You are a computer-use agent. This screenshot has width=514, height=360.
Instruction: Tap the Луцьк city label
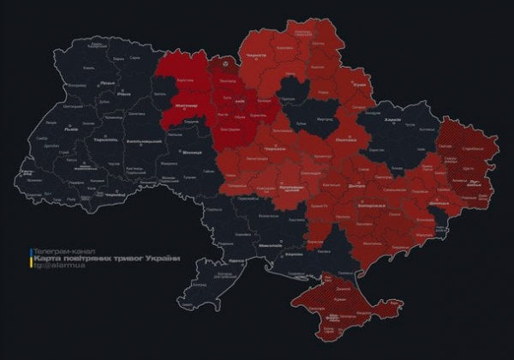(x=108, y=82)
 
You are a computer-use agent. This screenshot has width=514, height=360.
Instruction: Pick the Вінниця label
(x=190, y=153)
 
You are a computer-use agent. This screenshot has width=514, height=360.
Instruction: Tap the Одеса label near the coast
(x=237, y=260)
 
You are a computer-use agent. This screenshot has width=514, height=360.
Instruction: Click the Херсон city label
(x=295, y=255)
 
